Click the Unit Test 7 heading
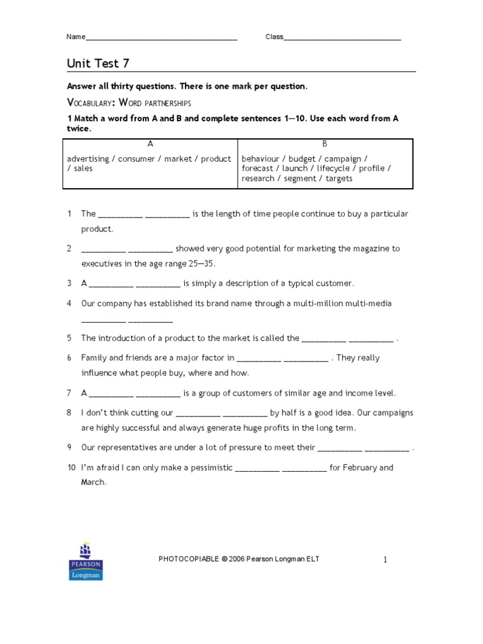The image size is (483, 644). (98, 64)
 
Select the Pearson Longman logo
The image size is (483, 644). (86, 560)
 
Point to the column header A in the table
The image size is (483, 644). (150, 144)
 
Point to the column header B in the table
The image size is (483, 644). (325, 144)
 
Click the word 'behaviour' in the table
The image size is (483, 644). (260, 159)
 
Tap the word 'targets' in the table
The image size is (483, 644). (340, 179)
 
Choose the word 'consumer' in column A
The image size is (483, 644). (136, 159)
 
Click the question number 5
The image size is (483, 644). (69, 338)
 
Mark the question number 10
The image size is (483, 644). (71, 468)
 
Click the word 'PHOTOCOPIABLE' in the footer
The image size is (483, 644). (189, 559)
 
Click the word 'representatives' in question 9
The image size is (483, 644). (129, 448)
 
